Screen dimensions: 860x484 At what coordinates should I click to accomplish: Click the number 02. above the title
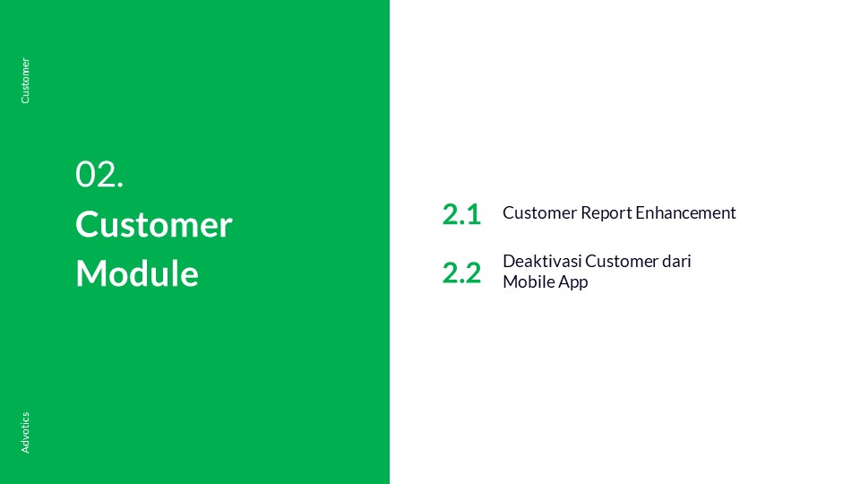[99, 175]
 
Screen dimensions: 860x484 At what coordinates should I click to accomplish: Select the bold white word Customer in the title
[154, 224]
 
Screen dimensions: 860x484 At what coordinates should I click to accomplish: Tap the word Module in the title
[137, 273]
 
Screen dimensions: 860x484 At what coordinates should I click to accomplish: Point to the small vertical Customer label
[25, 81]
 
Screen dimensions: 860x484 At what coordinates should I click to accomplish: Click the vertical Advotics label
[25, 432]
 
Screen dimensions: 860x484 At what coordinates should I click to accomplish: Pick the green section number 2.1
[462, 214]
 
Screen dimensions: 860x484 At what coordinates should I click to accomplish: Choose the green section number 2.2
[462, 272]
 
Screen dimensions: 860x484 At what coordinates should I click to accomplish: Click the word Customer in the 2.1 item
[539, 213]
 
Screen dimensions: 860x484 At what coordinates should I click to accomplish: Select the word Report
[606, 213]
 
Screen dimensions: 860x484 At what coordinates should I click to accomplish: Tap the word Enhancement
[685, 213]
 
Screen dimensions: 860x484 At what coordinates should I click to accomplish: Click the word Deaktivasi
[542, 261]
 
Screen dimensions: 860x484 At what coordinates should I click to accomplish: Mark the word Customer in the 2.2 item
[622, 261]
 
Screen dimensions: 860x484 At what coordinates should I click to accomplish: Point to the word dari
[677, 261]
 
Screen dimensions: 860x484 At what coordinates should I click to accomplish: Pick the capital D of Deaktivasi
[510, 261]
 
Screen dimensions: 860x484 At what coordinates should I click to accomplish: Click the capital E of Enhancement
[641, 213]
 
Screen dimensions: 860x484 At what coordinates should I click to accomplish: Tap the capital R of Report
[587, 213]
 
